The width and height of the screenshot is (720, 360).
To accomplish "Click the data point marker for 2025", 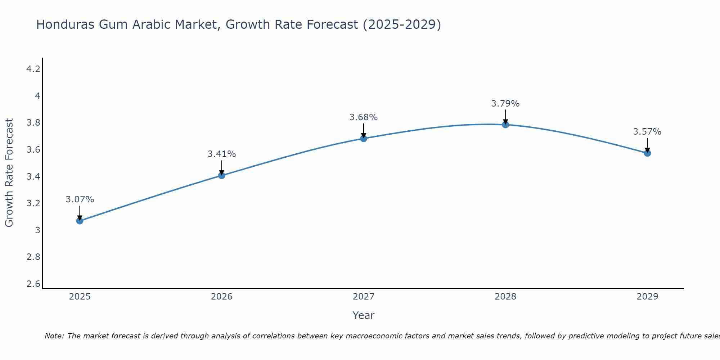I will (x=80, y=221).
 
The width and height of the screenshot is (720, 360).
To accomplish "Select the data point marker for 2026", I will (x=222, y=175).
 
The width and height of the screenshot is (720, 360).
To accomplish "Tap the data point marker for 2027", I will (x=364, y=139).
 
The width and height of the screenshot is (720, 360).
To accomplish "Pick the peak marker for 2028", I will (x=505, y=125).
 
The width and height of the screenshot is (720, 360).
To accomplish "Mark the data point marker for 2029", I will (x=647, y=153).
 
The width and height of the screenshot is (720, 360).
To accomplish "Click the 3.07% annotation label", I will (x=80, y=199).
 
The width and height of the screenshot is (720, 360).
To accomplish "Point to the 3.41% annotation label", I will (x=222, y=154).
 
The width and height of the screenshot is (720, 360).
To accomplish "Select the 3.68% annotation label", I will (x=364, y=117).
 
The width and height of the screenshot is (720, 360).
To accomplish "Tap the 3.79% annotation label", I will (x=505, y=104).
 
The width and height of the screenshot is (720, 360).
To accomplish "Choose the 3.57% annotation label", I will (x=647, y=132).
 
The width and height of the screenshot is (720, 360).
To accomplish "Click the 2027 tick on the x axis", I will (x=364, y=297).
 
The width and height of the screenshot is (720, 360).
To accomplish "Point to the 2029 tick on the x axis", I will (x=647, y=297).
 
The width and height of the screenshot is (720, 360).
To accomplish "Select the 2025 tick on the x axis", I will (x=80, y=297).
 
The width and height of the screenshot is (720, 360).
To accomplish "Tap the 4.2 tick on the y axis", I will (x=33, y=69).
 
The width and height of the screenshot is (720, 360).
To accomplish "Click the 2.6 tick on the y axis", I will (x=33, y=284).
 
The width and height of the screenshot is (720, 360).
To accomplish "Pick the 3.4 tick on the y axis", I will (x=33, y=176).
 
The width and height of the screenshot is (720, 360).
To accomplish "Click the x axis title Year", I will (x=364, y=315).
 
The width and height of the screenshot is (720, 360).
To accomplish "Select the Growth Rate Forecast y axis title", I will (x=9, y=173).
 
